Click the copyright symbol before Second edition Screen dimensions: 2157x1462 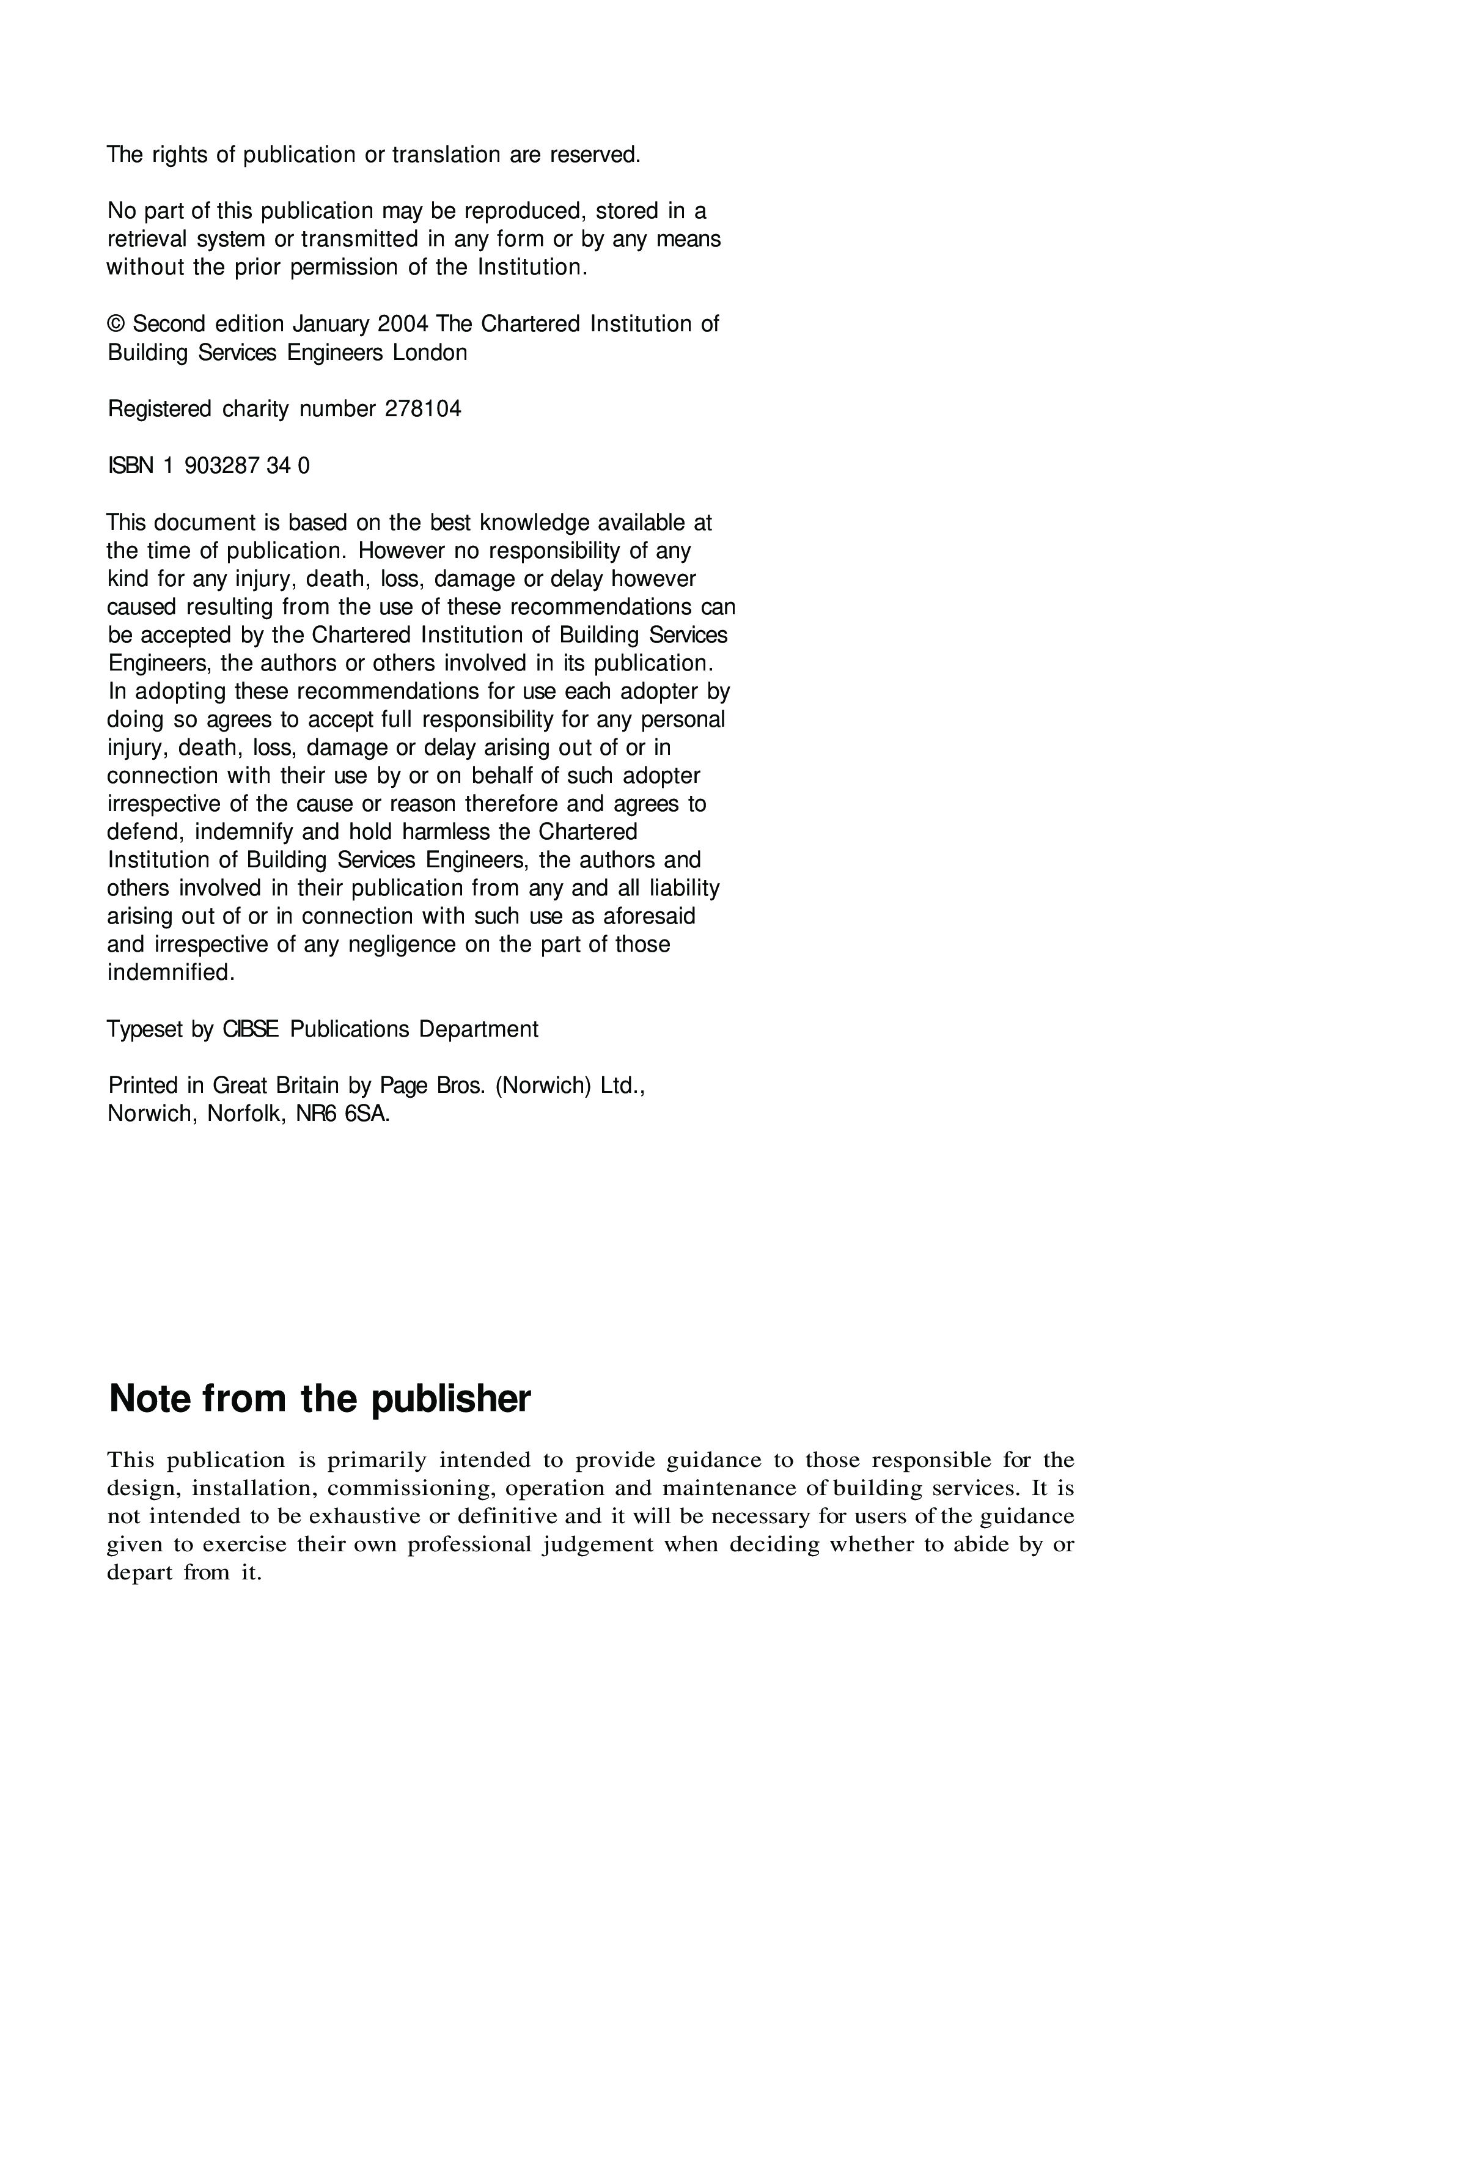116,324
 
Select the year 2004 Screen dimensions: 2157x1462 402,324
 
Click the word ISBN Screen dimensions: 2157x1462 131,466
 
